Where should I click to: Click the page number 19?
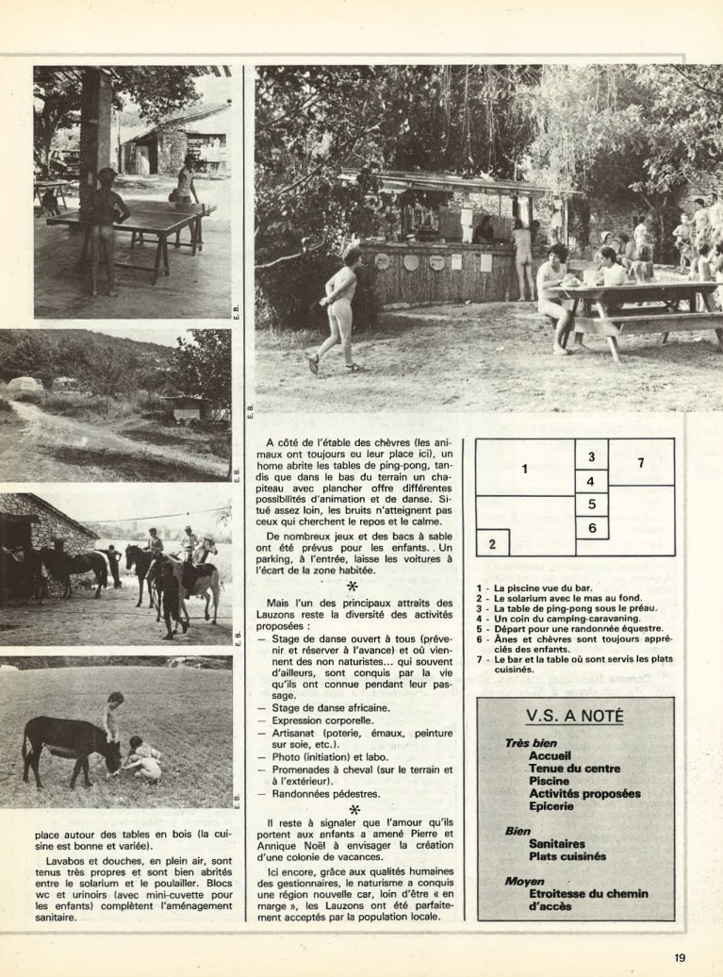click(x=680, y=958)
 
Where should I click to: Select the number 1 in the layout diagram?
click(x=525, y=468)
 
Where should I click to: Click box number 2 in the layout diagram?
click(x=492, y=543)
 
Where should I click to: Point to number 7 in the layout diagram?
click(x=641, y=462)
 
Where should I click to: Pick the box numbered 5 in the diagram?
click(x=591, y=505)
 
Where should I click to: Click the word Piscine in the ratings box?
click(x=549, y=781)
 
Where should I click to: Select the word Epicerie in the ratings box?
click(x=552, y=806)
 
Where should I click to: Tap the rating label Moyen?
click(x=523, y=881)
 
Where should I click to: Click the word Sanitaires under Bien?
click(x=557, y=844)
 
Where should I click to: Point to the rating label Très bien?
click(x=531, y=743)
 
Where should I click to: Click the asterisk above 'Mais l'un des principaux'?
click(x=353, y=587)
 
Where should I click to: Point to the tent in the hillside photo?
click(x=25, y=385)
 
